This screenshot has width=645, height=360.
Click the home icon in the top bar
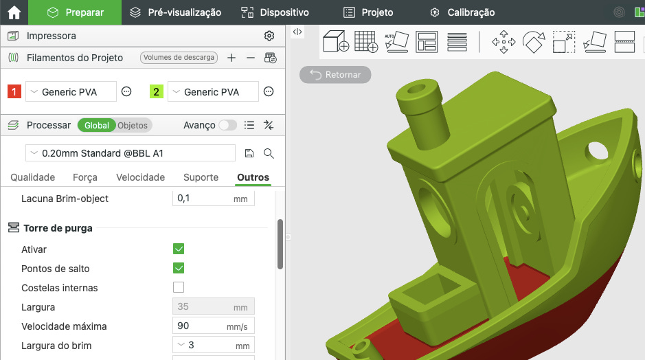(x=14, y=12)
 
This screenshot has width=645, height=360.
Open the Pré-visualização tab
(x=176, y=12)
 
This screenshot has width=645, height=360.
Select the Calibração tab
(x=462, y=12)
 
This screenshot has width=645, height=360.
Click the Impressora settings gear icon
(x=269, y=36)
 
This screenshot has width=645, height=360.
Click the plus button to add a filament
(x=231, y=58)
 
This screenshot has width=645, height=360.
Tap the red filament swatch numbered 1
(x=14, y=91)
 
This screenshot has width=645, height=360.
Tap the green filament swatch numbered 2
(x=157, y=91)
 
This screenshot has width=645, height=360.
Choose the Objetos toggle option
(x=133, y=126)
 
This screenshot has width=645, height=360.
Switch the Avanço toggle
(x=227, y=125)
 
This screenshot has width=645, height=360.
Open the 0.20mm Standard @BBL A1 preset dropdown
(x=131, y=153)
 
